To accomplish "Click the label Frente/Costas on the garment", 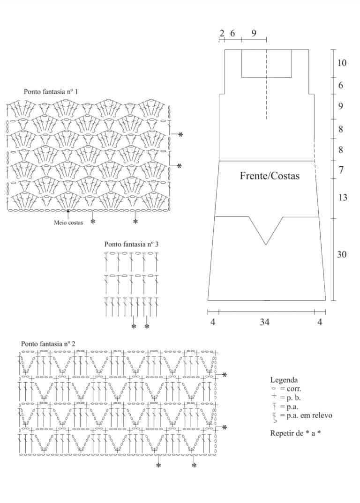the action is [270, 176].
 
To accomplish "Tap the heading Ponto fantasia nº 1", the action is [51, 91].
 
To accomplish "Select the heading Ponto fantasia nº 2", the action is [48, 344].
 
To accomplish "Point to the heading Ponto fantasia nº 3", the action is [131, 244].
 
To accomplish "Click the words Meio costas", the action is [68, 222].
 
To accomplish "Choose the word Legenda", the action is [284, 380].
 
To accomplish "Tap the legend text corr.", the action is [294, 389].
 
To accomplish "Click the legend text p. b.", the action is [293, 398].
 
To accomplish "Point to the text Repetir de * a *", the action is [295, 433].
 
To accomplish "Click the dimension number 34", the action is [265, 322].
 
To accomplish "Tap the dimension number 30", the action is [342, 254].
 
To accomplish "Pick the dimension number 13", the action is [343, 197].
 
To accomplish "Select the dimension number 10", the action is [342, 63].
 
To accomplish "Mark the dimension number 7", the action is [341, 170].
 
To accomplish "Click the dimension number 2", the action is [222, 33].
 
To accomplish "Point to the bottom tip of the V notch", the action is [266, 245].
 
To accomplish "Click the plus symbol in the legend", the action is [274, 397].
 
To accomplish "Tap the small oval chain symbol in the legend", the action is [274, 388].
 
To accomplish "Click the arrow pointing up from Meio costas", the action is [68, 214].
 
